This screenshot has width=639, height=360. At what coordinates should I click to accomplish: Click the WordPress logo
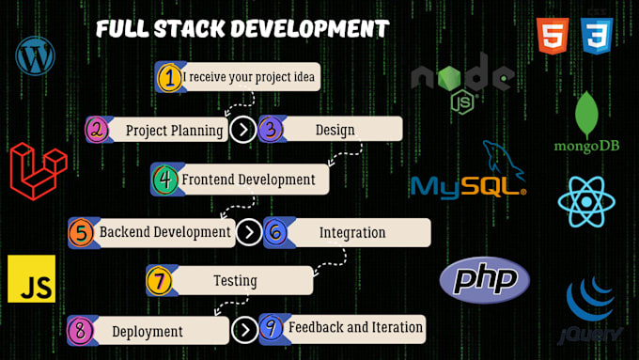pos(36,55)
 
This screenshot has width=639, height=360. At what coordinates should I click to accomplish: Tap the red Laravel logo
pos(39,171)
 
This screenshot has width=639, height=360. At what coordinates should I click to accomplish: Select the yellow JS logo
pos(31,279)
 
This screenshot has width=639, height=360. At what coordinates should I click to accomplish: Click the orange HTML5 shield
pos(553,36)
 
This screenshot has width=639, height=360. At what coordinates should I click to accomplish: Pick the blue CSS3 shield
pos(597,36)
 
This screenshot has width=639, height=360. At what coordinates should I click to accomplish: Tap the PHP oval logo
pos(485,280)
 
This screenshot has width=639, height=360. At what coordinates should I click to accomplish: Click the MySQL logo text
pos(467,184)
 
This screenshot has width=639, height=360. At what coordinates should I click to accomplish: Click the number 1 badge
pos(169,77)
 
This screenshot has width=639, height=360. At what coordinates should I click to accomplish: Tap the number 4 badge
pos(165,179)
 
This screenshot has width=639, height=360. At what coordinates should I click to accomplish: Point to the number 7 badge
pos(160,280)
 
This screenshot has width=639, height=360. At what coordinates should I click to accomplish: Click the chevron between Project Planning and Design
pos(243,130)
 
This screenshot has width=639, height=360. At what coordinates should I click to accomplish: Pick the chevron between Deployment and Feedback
pos(243,330)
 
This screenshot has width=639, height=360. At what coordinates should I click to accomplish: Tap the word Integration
pos(352,232)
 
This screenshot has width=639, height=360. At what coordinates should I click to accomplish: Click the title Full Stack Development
pos(242,29)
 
